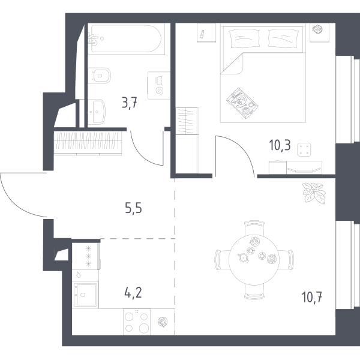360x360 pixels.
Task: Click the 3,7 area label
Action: [x=130, y=103]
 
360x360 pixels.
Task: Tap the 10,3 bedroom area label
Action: [x=280, y=145]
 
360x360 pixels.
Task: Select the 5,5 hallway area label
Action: [x=134, y=208]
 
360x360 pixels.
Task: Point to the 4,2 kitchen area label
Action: [x=133, y=293]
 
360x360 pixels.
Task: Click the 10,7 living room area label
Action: [x=312, y=297]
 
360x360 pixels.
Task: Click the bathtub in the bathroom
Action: [x=126, y=38]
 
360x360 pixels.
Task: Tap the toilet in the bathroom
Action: [x=99, y=76]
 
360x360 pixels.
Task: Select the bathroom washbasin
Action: [x=97, y=112]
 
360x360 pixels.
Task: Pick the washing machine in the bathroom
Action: [x=158, y=85]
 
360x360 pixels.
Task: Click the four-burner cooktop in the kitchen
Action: [x=137, y=322]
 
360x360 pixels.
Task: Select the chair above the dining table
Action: [x=254, y=228]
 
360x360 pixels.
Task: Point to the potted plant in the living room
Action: [x=314, y=193]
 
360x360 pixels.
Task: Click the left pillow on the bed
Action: [x=244, y=39]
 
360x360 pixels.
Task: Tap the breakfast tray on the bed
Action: [x=242, y=103]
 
